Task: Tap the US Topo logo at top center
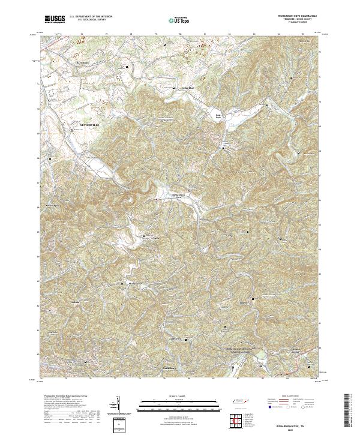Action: click(x=181, y=20)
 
